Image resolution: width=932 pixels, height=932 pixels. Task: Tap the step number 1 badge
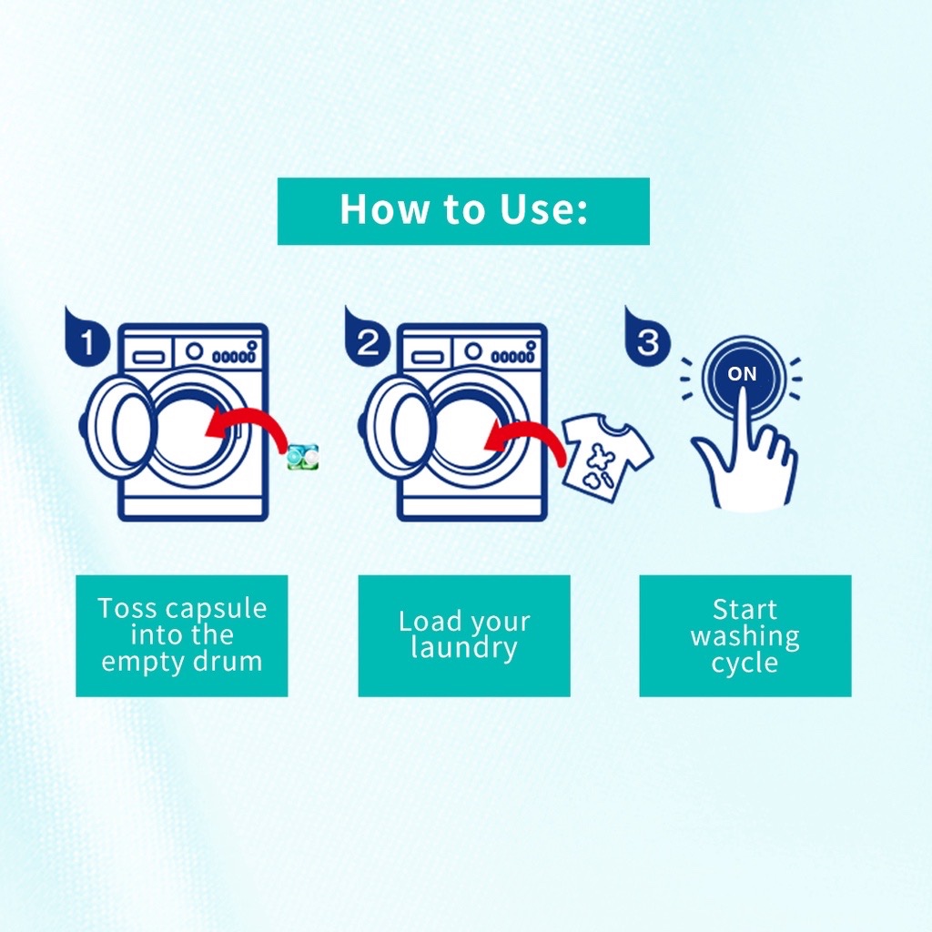coord(86,337)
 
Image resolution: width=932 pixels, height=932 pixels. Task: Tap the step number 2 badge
coord(367,337)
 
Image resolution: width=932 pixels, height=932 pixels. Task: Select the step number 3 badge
coord(647,337)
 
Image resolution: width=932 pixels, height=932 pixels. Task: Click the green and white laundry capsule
coord(303,457)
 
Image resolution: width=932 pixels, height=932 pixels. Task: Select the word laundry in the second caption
coord(463,648)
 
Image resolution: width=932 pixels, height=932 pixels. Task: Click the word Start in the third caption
coord(745,609)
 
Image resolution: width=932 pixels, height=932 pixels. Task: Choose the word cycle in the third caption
coord(745,663)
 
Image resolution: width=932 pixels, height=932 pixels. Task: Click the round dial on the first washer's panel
coord(194,351)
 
